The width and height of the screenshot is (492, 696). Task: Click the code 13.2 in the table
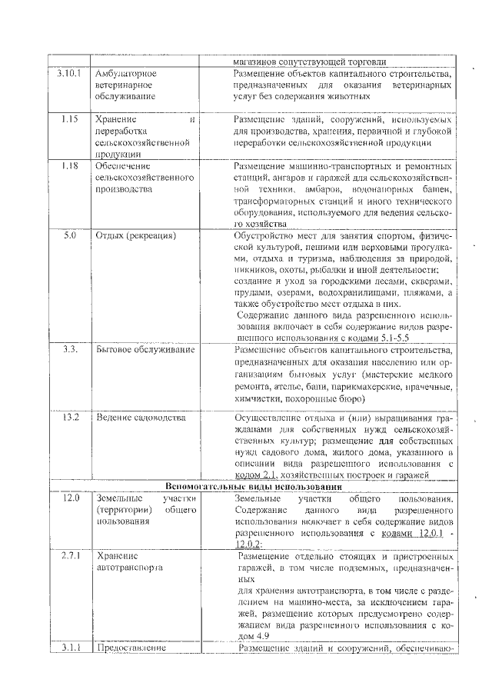click(71, 418)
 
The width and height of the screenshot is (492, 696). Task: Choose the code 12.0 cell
click(71, 499)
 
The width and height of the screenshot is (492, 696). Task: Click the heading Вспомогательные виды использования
click(254, 488)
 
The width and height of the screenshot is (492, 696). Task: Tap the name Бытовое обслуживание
click(145, 350)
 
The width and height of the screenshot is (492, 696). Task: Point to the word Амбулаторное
click(126, 74)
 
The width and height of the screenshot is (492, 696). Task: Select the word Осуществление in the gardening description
click(268, 418)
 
